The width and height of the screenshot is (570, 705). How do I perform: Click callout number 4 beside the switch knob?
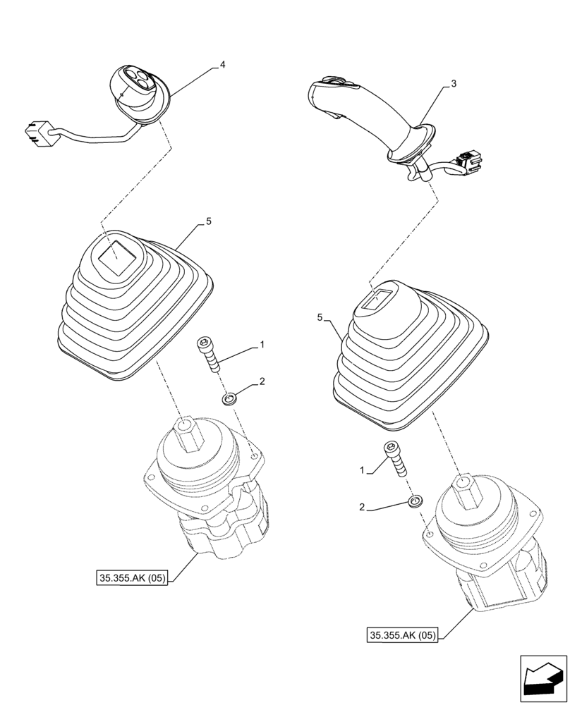[222, 65]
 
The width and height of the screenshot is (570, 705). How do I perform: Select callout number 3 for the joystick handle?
[454, 84]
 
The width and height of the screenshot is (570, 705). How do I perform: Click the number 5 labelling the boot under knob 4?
[209, 221]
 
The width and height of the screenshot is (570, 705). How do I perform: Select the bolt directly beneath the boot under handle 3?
[394, 459]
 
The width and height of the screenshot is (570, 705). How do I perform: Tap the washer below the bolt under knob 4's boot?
[230, 400]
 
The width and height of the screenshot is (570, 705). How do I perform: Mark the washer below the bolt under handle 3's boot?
[416, 503]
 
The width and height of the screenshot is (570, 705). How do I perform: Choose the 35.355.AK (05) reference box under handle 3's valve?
[403, 635]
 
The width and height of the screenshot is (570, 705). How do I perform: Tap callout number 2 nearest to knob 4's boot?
[262, 381]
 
